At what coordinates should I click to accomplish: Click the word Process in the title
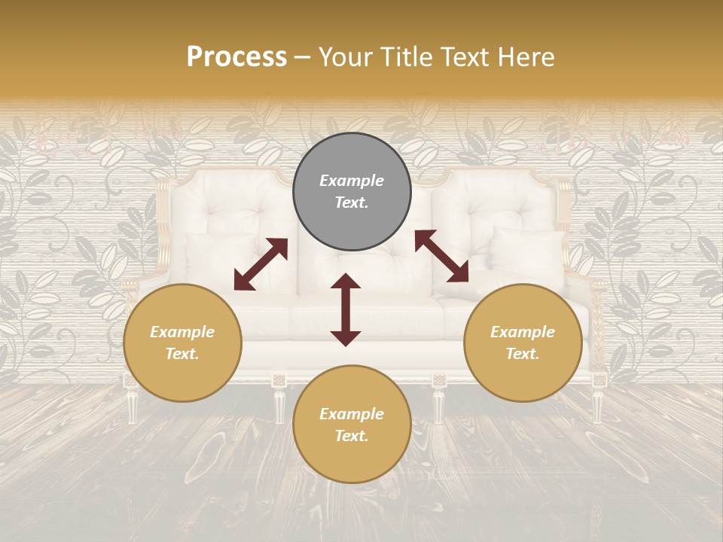tap(236, 57)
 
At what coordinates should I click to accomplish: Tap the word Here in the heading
tap(526, 57)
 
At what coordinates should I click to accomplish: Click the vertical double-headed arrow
tap(346, 309)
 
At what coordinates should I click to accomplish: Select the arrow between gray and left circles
tap(261, 264)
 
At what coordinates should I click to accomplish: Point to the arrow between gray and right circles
tap(441, 256)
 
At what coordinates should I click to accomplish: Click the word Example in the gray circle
tap(352, 181)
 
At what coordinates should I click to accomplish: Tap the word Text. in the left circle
tap(182, 354)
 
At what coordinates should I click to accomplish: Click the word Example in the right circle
tap(523, 332)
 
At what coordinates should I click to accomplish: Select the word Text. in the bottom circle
tap(352, 436)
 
